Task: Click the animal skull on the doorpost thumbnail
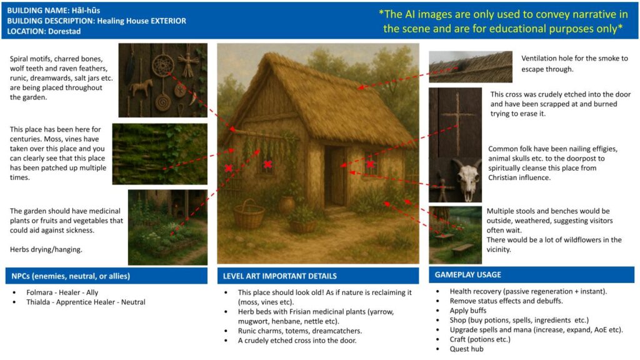click(x=467, y=179)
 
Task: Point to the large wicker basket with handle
click(x=249, y=214)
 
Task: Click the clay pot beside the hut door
click(x=287, y=205)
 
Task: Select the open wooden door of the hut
click(x=338, y=177)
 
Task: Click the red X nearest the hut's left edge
click(x=229, y=168)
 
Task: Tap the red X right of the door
click(x=370, y=164)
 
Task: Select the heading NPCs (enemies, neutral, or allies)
click(x=71, y=276)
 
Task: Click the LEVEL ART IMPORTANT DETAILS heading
click(x=279, y=276)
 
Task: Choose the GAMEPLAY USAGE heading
click(x=467, y=275)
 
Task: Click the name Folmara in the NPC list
click(x=39, y=292)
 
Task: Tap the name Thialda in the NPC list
click(x=38, y=302)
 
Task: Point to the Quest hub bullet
click(x=466, y=349)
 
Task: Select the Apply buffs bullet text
click(x=468, y=311)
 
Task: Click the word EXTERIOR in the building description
click(x=168, y=21)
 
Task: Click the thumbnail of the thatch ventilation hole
click(x=471, y=66)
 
